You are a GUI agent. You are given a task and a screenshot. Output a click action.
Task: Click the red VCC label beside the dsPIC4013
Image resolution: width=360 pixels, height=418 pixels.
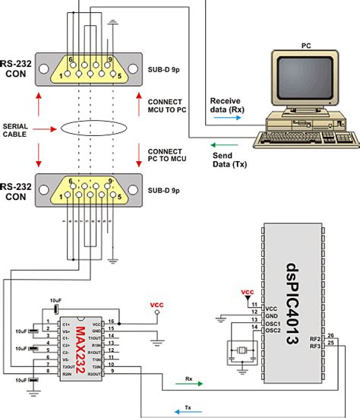coord(248,292)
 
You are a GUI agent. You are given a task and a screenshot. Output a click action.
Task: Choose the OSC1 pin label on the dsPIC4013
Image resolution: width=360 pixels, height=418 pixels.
coord(274,322)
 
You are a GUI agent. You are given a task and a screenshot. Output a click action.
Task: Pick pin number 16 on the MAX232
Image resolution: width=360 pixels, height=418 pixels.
coord(111,322)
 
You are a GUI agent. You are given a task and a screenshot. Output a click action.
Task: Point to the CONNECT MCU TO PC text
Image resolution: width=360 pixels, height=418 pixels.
coord(168,104)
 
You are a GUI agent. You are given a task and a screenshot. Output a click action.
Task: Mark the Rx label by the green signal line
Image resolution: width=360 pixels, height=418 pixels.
coord(188,377)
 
